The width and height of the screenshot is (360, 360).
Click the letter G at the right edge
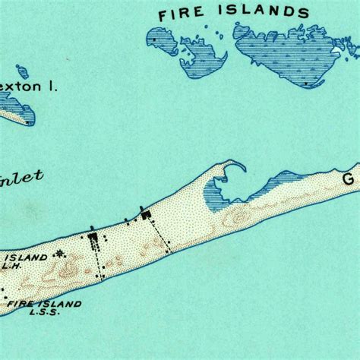point(349,180)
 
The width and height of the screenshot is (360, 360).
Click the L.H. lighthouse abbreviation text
point(11,267)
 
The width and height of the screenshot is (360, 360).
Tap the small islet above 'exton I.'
point(23,71)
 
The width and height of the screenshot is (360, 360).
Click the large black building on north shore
point(146,216)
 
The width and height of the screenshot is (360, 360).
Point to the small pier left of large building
point(127,220)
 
